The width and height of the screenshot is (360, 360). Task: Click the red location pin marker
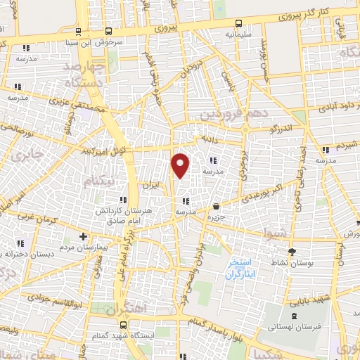point(181,165)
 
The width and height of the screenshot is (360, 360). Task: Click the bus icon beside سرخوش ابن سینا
point(108,31)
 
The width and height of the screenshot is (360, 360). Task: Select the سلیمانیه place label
point(238,32)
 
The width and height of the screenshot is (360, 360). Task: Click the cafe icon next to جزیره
point(215,207)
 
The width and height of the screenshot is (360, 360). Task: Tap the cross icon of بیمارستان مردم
point(84,236)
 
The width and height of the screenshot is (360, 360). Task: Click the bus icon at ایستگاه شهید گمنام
point(124,325)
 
